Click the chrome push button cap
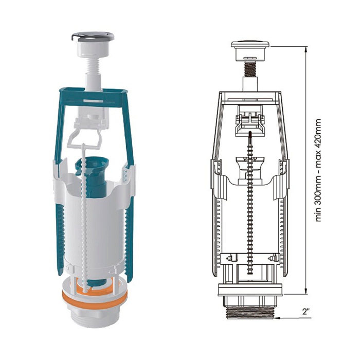pyautogui.click(x=93, y=37)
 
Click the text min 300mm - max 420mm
pyautogui.click(x=318, y=170)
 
